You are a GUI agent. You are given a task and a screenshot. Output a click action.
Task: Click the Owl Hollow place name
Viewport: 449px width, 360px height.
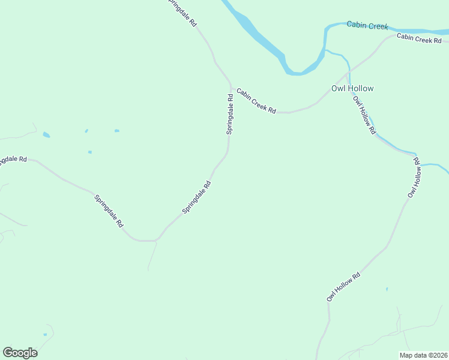point(352,88)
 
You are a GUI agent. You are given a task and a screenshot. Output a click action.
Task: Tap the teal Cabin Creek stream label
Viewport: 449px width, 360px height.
point(367,25)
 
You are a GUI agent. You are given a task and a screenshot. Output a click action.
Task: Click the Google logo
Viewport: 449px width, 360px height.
point(20,353)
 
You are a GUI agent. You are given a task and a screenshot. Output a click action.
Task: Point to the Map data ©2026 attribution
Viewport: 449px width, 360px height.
point(423,355)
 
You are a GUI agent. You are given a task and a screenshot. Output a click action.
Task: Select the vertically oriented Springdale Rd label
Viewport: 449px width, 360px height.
point(230,113)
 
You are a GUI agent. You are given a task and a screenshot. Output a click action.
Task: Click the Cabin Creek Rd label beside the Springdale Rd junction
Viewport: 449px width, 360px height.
point(256,101)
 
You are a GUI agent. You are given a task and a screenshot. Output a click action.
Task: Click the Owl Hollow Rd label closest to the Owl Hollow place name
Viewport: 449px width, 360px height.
point(364,115)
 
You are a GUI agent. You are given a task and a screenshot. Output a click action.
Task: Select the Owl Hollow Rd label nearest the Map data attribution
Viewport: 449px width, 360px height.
point(343,287)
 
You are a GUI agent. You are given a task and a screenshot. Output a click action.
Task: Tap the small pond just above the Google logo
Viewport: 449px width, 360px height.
point(45,334)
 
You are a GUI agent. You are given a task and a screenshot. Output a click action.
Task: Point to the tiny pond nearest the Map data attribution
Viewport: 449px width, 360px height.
point(387,289)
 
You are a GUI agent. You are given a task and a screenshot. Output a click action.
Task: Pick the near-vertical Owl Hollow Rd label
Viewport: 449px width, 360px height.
point(415,178)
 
